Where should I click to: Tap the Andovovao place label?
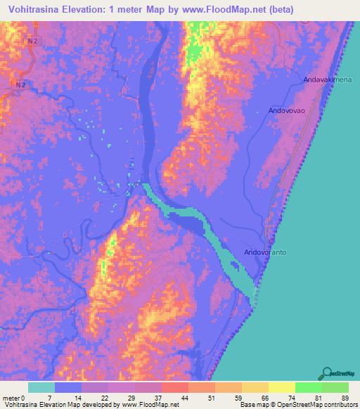click(287, 111)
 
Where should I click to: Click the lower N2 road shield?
click(21, 85)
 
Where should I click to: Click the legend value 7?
click(49, 398)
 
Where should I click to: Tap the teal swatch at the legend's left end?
click(41, 387)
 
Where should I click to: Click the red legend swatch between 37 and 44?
click(173, 387)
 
